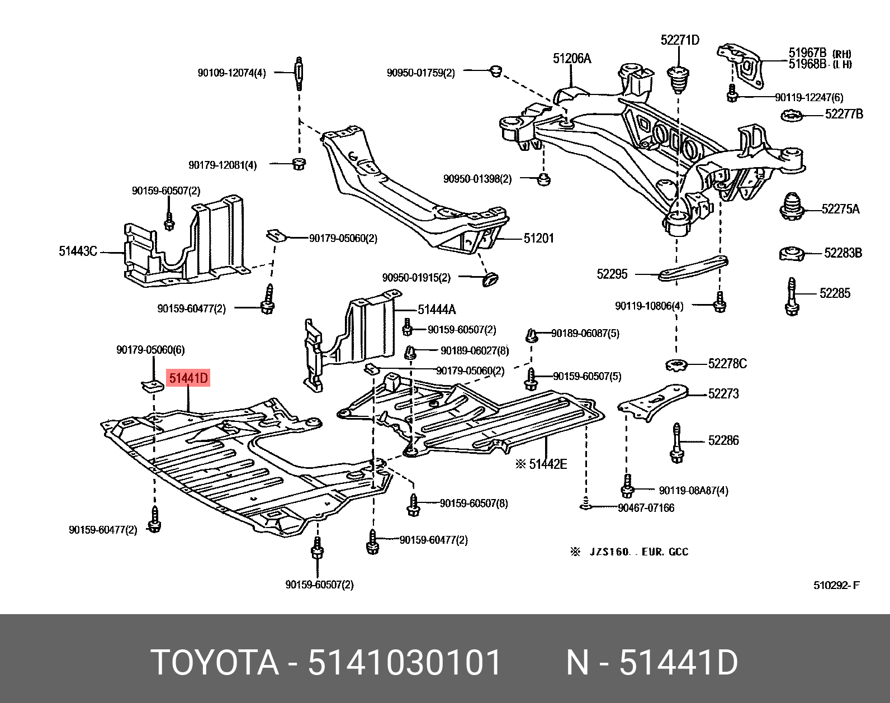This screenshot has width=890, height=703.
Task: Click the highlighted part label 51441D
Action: tap(188, 379)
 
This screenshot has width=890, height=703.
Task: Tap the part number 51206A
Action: tap(572, 58)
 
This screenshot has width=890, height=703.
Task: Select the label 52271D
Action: tap(679, 40)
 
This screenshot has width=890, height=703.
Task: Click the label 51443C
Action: tap(78, 251)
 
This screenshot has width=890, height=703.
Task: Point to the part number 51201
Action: tap(538, 239)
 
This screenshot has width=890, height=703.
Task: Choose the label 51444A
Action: tap(437, 309)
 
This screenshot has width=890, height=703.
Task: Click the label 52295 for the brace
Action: tap(612, 274)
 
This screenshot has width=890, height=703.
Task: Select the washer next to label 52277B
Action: tap(792, 117)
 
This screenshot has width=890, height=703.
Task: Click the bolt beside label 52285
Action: tap(792, 297)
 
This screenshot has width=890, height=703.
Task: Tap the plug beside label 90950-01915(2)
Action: tap(490, 278)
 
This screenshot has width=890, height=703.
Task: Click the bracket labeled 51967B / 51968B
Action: tap(741, 63)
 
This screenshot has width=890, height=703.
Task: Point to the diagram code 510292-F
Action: tap(836, 586)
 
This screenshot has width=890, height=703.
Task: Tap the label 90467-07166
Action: tap(646, 508)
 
